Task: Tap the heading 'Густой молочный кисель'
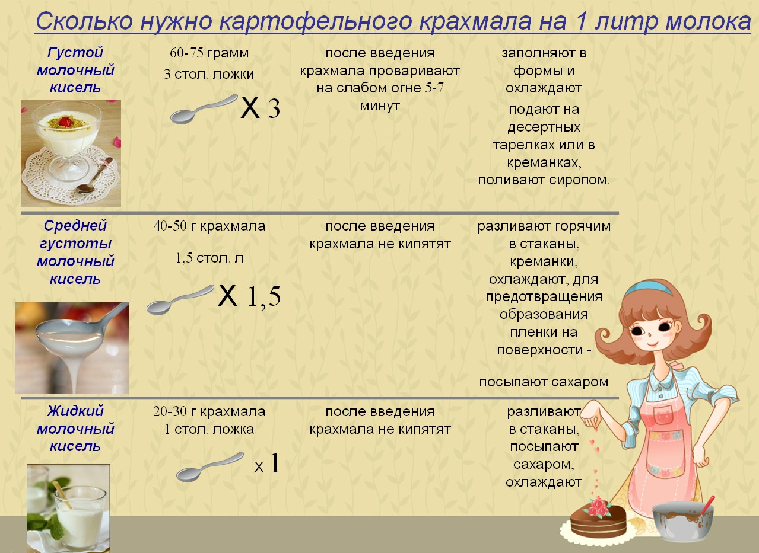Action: coord(75,71)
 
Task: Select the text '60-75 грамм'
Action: coord(209,53)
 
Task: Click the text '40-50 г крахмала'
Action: coord(209,226)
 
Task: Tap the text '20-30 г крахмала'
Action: coord(209,412)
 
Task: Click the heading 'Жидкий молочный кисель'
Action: coord(75,429)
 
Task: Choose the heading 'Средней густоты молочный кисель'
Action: coord(75,252)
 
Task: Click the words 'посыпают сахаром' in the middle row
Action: coord(544,382)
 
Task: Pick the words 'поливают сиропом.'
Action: coord(544,180)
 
